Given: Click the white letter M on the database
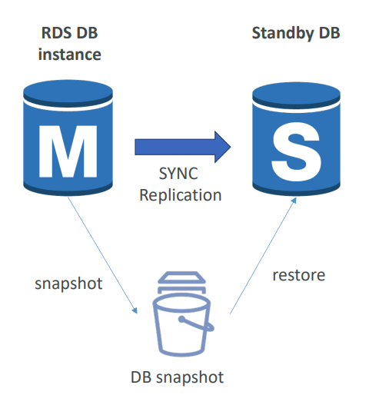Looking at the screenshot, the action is coord(68,151).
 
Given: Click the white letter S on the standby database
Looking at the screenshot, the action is coord(297,151).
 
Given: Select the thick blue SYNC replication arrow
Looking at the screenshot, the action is coord(183,147).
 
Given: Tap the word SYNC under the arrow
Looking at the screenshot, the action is coord(178,174).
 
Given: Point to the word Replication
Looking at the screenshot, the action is coord(181,195).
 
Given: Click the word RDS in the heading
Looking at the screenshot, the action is coord(56,33).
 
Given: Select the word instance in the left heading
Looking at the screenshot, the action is coord(70,55).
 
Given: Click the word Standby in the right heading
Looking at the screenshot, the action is coord(283,34).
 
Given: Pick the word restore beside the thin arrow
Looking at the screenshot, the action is coord(299,275).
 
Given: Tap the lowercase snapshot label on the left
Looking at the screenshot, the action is coord(68,284).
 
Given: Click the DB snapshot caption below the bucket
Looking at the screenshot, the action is coord(177,377).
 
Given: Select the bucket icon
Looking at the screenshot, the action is coord(183,314).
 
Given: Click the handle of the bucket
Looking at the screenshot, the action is coord(197,324).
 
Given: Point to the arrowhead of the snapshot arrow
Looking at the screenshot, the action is coord(135,310).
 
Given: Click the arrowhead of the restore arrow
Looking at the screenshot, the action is coord(294,200).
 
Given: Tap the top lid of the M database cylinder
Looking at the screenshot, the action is coord(68,91).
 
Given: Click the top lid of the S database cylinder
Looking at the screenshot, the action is coord(296,95).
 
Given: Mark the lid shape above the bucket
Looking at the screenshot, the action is coord(182,277).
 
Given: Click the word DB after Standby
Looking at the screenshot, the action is coord(329,33).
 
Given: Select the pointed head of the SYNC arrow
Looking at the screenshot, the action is coord(223,147).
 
